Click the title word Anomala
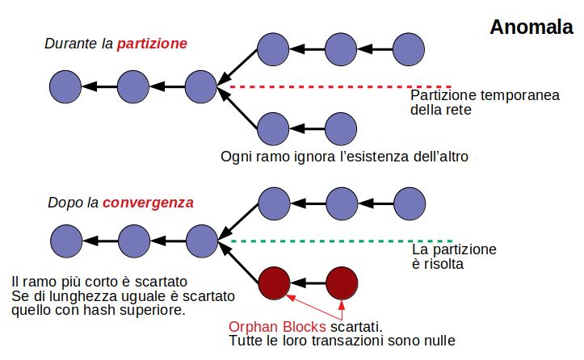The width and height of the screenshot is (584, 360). [531, 27]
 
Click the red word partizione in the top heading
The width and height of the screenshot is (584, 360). [152, 44]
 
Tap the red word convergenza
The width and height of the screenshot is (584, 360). [148, 203]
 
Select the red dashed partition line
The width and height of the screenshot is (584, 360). [315, 86]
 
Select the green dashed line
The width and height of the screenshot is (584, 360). [315, 241]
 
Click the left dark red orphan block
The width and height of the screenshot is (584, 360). [274, 283]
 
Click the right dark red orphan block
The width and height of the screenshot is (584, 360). [342, 283]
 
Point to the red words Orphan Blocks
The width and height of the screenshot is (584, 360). [278, 327]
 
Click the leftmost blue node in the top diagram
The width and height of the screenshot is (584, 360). [65, 86]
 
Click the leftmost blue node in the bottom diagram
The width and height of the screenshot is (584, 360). [65, 241]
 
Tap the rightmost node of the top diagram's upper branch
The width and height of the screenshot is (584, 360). [410, 50]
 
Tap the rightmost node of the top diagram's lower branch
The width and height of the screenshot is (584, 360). [342, 128]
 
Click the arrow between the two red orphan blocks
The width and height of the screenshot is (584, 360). [308, 283]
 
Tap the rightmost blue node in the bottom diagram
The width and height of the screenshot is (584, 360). [410, 205]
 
